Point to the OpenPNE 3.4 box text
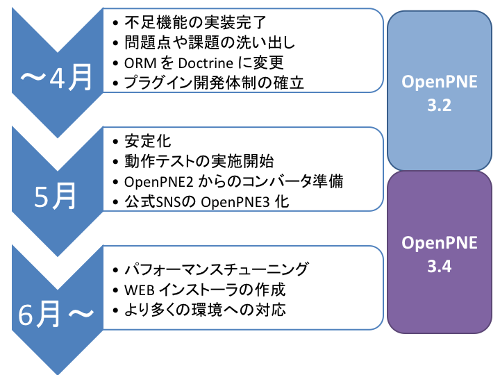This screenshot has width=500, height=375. (440, 254)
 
